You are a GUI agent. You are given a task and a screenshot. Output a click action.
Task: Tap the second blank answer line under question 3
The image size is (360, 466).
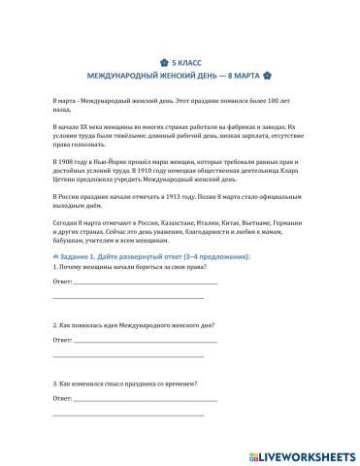[x=126, y=413]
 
